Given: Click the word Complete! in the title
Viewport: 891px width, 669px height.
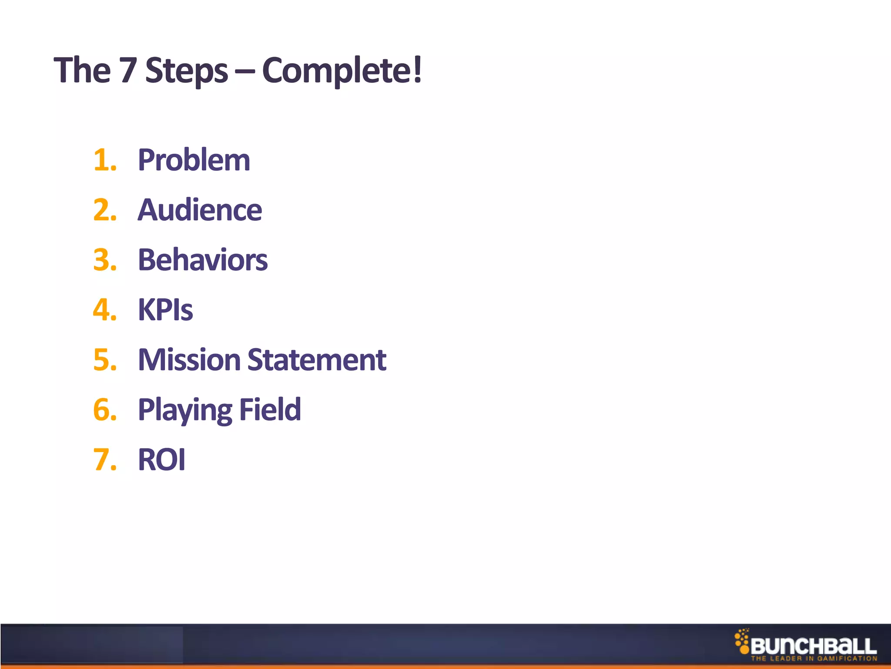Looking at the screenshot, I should [342, 71].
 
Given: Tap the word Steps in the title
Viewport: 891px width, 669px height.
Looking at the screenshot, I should [186, 71].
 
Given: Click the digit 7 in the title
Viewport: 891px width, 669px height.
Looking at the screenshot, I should [128, 71].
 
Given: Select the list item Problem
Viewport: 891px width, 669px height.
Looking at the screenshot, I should [194, 160].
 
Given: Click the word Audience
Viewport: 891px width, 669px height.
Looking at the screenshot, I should [200, 210].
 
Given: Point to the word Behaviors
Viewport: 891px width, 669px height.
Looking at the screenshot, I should [203, 260].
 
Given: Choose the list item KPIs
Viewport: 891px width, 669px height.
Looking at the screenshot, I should [165, 310].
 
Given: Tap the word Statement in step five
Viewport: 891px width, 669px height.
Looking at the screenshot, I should [317, 360].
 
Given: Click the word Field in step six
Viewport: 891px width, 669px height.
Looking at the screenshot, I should [270, 410].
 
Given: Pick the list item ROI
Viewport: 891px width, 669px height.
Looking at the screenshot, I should [161, 460].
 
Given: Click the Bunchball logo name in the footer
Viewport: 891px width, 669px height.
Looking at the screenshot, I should [813, 646].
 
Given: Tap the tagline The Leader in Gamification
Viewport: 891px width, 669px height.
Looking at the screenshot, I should [814, 659].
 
